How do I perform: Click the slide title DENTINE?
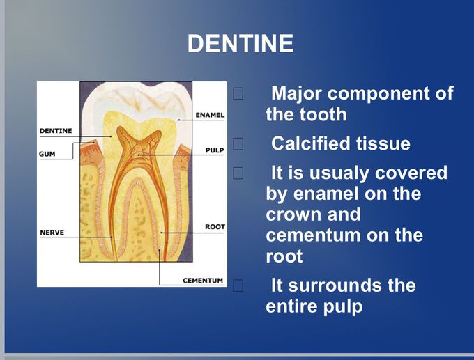(240, 44)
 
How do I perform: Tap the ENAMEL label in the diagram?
(209, 114)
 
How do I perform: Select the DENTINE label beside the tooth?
(55, 130)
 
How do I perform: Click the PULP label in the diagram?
(214, 150)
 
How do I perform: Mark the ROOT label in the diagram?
(215, 227)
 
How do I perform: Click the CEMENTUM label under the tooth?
(203, 281)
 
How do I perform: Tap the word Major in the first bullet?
(296, 93)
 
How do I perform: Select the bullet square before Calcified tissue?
(238, 144)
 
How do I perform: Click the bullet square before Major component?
(238, 93)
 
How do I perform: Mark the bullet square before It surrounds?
(238, 285)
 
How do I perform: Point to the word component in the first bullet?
(382, 93)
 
